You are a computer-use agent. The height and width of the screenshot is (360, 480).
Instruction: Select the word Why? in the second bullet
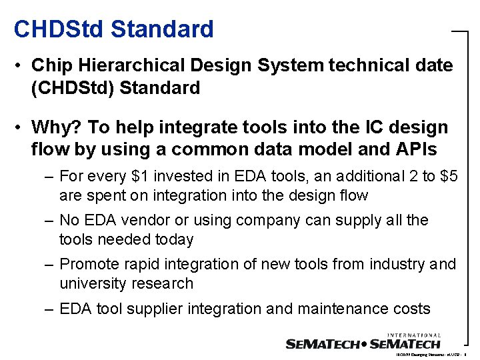[56, 127]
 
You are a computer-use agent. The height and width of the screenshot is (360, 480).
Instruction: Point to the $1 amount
[141, 176]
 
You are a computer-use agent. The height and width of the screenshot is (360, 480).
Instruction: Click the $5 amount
[445, 176]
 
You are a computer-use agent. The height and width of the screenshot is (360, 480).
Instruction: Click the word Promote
[87, 265]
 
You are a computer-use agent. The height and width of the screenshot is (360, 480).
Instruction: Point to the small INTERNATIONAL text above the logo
[413, 335]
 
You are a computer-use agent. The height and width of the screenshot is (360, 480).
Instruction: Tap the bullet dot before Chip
[21, 66]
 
